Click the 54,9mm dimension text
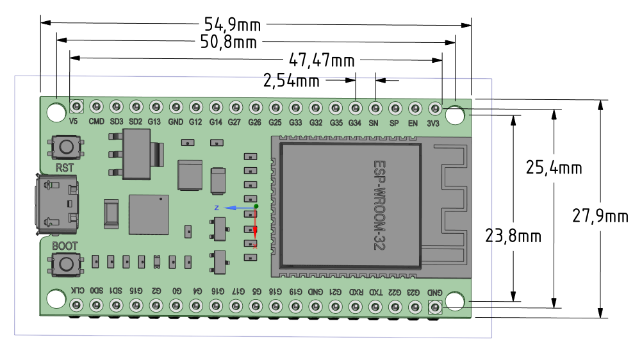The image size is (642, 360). (233, 24)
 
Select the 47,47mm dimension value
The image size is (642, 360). (322, 61)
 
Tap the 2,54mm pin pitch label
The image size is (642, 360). (292, 81)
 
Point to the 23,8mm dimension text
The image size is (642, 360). (514, 236)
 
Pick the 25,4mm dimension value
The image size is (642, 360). (554, 168)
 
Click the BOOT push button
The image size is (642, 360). (65, 263)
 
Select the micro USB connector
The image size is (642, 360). (57, 204)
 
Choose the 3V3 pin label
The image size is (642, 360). (433, 121)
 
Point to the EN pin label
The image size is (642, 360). (414, 121)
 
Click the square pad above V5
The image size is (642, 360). (77, 106)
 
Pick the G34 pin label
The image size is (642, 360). (354, 121)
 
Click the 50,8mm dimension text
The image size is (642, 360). (229, 43)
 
